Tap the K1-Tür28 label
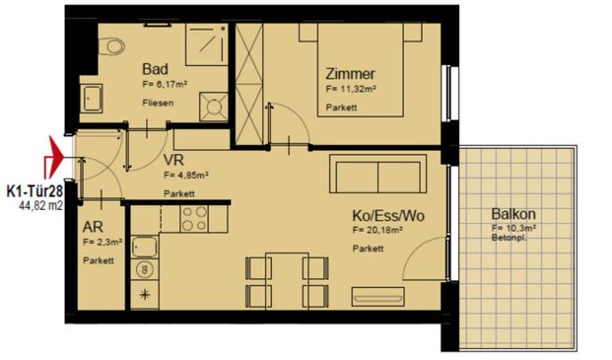click(36, 191)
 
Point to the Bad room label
click(155, 69)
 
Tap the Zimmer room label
click(352, 72)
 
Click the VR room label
click(175, 159)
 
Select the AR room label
click(95, 225)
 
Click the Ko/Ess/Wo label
click(390, 214)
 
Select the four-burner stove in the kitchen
click(193, 218)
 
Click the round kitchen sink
click(144, 267)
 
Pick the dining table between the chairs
click(286, 278)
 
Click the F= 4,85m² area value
click(186, 176)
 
